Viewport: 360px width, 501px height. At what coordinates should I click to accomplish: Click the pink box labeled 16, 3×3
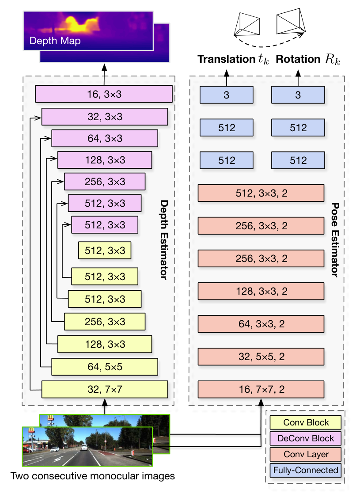104,94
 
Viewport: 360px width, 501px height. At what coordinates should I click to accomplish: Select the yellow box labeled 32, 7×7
105,389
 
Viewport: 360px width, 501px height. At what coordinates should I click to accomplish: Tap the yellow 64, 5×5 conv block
105,367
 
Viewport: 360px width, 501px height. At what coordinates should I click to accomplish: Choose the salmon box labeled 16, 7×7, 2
261,389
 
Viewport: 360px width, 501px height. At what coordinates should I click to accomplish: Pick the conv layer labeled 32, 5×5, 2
261,357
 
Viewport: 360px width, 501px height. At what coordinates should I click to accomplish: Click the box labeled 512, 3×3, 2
261,193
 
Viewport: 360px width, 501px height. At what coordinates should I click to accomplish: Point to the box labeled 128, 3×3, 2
261,291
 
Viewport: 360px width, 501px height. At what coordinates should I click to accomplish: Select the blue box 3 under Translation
227,95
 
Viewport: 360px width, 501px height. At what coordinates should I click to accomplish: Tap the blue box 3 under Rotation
298,95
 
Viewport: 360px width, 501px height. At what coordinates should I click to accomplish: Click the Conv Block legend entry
305,422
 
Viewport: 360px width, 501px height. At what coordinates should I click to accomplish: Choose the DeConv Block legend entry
305,438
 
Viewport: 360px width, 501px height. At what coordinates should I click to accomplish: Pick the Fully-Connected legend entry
305,471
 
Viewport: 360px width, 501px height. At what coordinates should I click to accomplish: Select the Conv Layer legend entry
305,454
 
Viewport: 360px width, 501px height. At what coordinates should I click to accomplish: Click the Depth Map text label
55,41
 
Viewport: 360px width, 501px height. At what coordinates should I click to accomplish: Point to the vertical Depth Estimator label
164,240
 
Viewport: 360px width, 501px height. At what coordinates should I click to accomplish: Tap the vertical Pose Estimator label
335,239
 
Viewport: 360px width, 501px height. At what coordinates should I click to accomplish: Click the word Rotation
298,59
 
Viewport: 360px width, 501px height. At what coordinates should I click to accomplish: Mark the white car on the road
83,447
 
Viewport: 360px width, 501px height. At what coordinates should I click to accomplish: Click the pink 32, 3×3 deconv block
105,117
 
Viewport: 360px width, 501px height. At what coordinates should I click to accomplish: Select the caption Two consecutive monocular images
93,476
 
